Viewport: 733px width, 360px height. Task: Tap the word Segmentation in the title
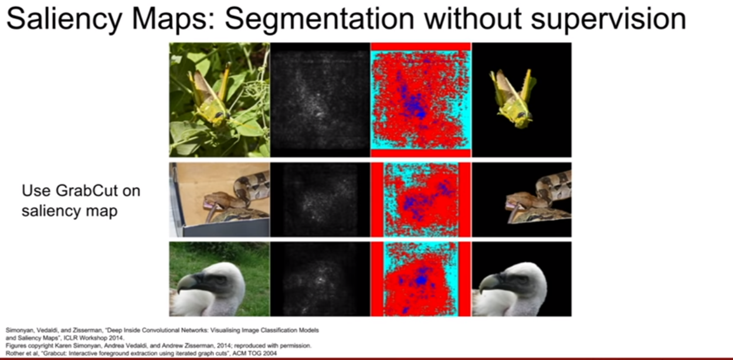coord(320,19)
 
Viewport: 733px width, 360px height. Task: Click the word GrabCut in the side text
coord(86,191)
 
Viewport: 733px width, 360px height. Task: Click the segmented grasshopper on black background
coord(512,98)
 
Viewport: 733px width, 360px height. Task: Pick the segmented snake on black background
coord(539,199)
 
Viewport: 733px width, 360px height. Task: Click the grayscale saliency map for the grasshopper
coord(320,100)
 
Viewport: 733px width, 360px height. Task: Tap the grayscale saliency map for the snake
coord(320,199)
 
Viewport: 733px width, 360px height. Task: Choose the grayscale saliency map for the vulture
coord(320,279)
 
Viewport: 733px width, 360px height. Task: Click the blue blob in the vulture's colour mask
coord(422,280)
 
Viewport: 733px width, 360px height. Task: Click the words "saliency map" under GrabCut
coord(69,210)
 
